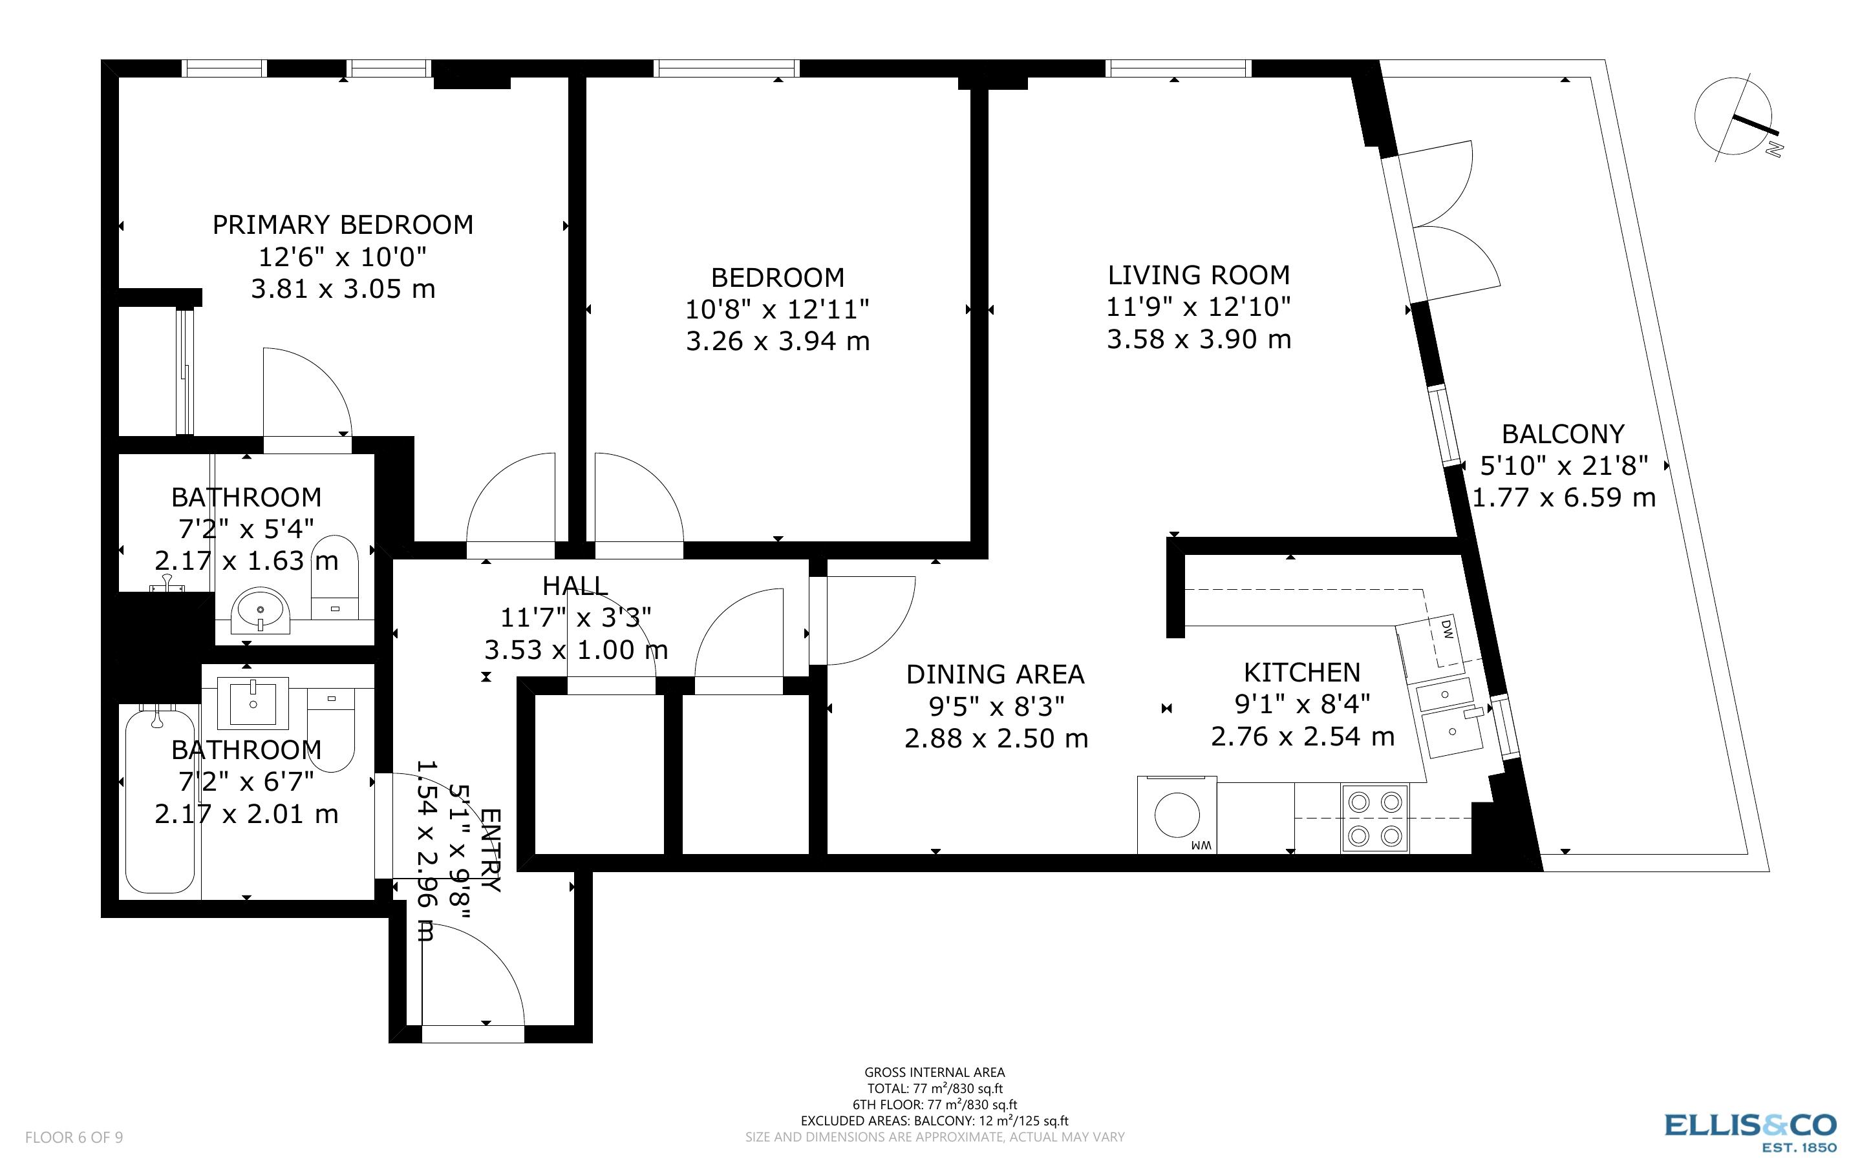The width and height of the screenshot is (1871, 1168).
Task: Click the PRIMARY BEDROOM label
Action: [343, 225]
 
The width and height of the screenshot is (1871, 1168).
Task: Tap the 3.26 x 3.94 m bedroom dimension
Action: [778, 340]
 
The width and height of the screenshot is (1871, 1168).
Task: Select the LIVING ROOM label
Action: [1198, 275]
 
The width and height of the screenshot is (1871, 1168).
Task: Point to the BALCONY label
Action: [1563, 434]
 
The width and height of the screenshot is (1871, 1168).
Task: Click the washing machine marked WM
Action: [1177, 816]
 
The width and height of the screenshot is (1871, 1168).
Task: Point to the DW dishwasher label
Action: [1448, 630]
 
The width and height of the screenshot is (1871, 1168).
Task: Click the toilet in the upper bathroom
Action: [335, 576]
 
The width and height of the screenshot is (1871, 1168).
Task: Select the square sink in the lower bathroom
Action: [253, 703]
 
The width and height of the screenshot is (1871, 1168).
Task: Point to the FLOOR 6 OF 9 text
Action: [74, 1137]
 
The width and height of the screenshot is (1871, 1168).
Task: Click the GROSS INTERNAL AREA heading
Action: [934, 1072]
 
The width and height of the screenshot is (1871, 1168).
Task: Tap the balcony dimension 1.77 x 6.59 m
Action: [1563, 497]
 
